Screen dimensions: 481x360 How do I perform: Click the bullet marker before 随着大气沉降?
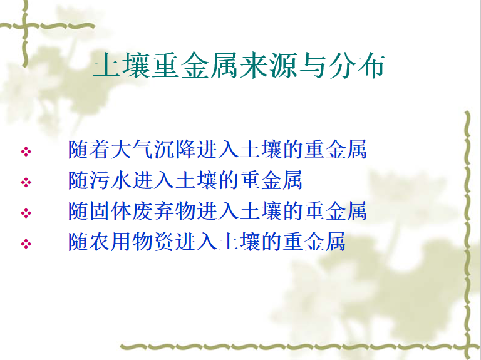click(x=26, y=152)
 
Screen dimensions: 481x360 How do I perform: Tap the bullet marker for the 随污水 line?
click(x=26, y=182)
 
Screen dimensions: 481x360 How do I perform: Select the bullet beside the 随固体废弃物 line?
click(x=26, y=213)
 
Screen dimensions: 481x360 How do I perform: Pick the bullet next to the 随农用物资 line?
click(x=26, y=244)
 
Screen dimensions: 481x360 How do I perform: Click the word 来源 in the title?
click(x=268, y=66)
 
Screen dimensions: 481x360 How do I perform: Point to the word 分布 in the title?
click(x=357, y=66)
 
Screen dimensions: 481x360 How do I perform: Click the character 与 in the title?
click(x=313, y=66)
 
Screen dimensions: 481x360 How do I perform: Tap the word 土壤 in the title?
click(x=121, y=66)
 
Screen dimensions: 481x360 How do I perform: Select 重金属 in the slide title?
click(x=195, y=66)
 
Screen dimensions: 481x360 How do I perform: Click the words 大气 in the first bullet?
click(x=132, y=150)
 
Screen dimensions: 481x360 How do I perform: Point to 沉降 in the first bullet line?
click(x=175, y=150)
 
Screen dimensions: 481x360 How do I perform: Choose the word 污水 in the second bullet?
click(x=111, y=180)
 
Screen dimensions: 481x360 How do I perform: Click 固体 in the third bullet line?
click(x=111, y=211)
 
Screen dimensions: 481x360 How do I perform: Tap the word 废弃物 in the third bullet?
click(x=165, y=211)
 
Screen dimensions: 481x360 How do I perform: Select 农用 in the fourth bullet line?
click(x=111, y=242)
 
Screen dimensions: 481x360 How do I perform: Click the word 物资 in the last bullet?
click(x=153, y=242)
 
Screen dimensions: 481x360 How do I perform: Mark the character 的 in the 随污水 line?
click(x=229, y=180)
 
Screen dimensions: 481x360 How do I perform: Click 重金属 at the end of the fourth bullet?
click(x=314, y=242)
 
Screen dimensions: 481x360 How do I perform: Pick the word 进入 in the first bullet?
click(x=218, y=150)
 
